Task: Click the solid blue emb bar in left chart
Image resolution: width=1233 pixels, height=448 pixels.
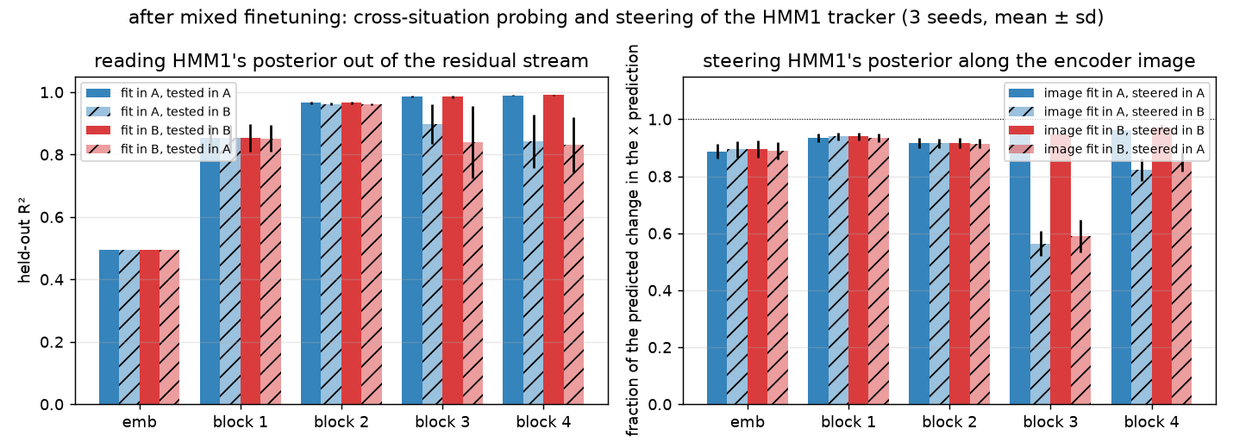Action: (x=109, y=327)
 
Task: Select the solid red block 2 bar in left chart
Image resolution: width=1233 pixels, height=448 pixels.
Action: (x=351, y=253)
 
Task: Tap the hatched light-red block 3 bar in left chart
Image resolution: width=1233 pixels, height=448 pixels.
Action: (x=473, y=273)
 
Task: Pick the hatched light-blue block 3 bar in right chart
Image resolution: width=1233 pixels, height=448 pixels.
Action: (x=1041, y=324)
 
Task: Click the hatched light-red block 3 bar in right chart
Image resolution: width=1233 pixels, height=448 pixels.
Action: (x=1080, y=320)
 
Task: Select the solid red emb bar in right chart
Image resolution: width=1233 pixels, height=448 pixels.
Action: (x=757, y=277)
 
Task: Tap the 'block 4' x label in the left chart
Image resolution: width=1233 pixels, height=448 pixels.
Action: (x=543, y=422)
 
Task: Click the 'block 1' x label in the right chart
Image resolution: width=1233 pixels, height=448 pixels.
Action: (x=848, y=422)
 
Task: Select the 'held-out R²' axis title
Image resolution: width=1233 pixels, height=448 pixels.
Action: (x=24, y=244)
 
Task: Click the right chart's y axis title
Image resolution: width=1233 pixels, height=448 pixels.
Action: (x=633, y=240)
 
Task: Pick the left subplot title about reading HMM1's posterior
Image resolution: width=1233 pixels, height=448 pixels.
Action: (x=341, y=61)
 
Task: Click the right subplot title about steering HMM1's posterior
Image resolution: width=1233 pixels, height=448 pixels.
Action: (x=949, y=61)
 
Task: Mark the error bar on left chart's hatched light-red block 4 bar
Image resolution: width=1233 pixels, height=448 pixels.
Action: (x=573, y=145)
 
